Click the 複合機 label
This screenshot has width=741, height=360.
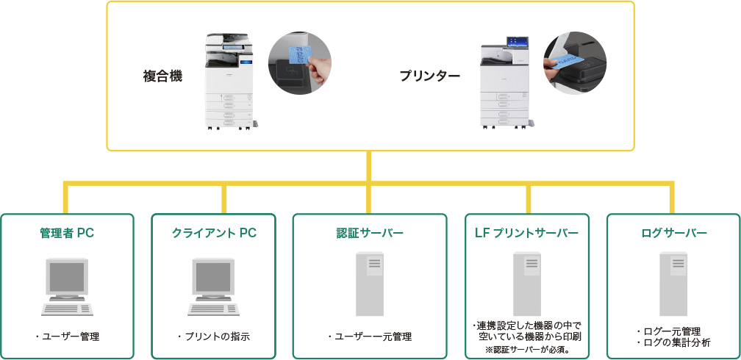pyautogui.click(x=162, y=76)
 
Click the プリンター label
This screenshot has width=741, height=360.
pyautogui.click(x=430, y=76)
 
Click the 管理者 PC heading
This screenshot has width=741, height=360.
pyautogui.click(x=67, y=234)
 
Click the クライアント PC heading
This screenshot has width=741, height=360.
pyautogui.click(x=214, y=234)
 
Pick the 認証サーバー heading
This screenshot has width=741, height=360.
pyautogui.click(x=370, y=234)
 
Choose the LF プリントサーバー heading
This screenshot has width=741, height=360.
pyautogui.click(x=529, y=234)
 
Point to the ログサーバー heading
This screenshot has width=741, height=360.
pyautogui.click(x=674, y=234)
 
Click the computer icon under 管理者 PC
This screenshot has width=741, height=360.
pyautogui.click(x=68, y=286)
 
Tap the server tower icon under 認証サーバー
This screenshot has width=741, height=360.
pyautogui.click(x=370, y=284)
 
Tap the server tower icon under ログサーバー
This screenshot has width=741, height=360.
pyautogui.click(x=673, y=284)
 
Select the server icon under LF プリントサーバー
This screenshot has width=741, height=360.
pyautogui.click(x=527, y=284)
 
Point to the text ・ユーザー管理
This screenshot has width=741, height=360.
pyautogui.click(x=67, y=336)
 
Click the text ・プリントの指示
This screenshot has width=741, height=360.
pyautogui.click(x=214, y=336)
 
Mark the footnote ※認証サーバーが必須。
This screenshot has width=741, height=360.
pyautogui.click(x=528, y=350)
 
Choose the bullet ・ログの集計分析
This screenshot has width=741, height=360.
pyautogui.click(x=673, y=343)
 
